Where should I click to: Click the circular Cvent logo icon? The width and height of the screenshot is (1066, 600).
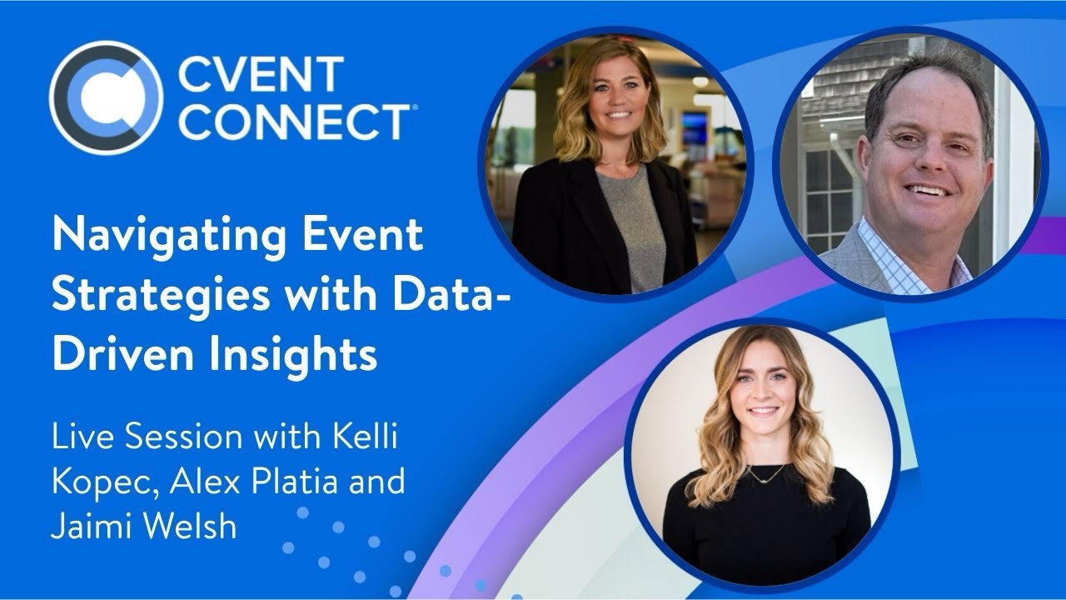click(x=105, y=97)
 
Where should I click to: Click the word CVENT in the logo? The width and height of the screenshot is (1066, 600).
click(x=261, y=76)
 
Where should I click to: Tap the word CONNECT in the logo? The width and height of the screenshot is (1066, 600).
click(x=292, y=122)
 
